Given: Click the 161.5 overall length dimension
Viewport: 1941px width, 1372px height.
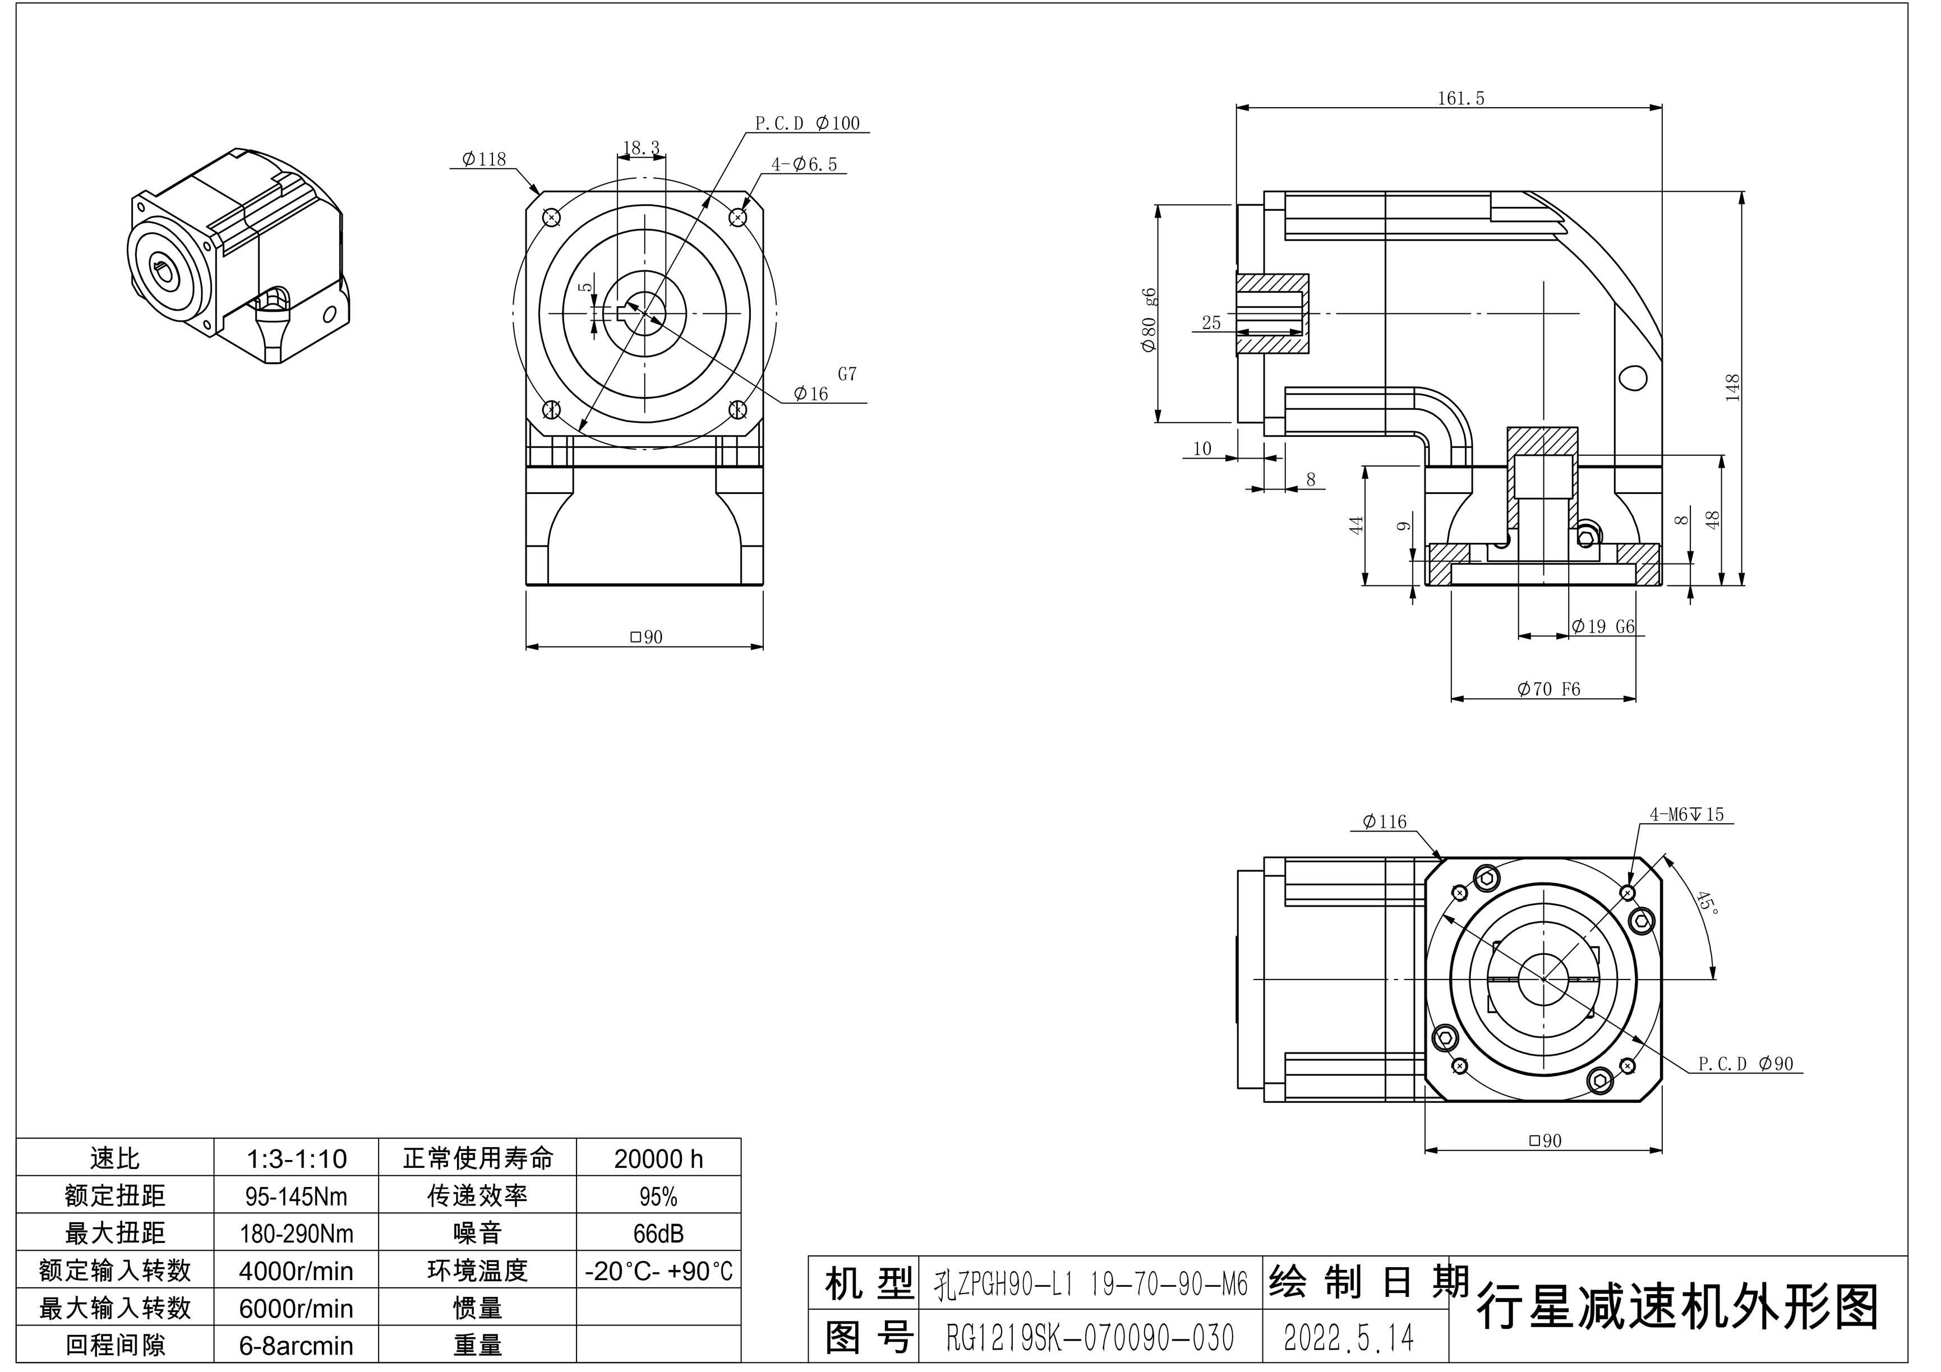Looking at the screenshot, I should point(1461,98).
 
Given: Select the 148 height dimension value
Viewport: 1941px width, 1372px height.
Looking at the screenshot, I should point(1732,387).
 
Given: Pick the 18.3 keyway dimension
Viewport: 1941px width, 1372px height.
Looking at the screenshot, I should point(641,148).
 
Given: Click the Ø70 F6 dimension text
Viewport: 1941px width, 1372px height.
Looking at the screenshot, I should point(1549,689).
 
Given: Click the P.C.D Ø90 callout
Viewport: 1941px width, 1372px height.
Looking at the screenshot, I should point(1746,1064).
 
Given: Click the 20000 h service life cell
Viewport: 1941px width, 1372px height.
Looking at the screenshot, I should point(658,1158).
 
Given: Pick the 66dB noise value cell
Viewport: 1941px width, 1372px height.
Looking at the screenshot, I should point(658,1234).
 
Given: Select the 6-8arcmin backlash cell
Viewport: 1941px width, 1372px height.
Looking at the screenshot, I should point(296,1345).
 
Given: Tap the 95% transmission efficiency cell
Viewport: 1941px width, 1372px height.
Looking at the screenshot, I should point(658,1196).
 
